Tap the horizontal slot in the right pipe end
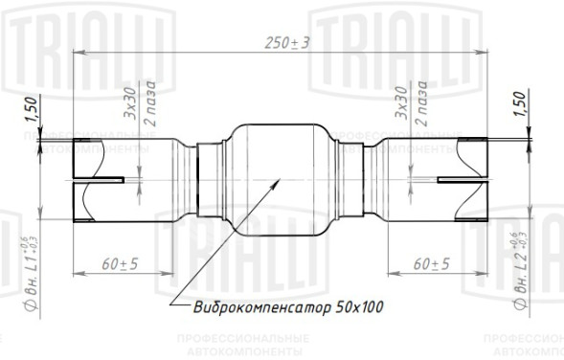(450, 179)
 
